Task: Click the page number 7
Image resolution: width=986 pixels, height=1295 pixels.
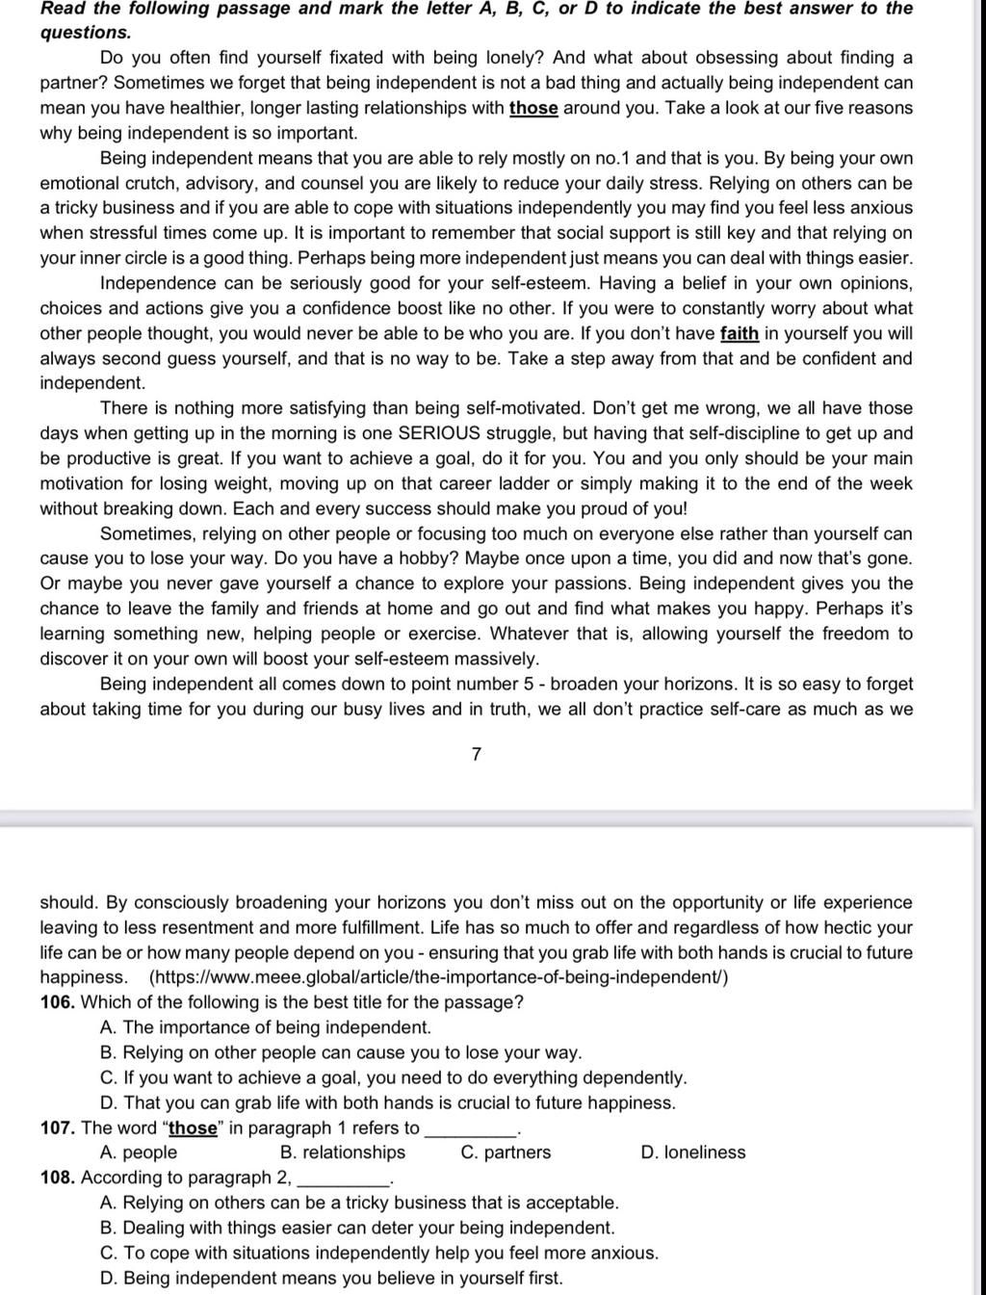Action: tap(477, 755)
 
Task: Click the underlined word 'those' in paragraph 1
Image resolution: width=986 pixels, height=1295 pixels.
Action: tap(533, 109)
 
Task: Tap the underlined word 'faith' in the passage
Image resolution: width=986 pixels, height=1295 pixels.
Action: tap(739, 334)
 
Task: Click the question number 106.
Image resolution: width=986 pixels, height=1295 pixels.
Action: tap(57, 1002)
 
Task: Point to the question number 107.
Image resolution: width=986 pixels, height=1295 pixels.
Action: tap(57, 1127)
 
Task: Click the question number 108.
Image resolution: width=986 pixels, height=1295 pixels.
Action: tap(57, 1178)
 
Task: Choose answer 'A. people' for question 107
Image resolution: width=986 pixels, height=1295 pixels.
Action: tap(139, 1153)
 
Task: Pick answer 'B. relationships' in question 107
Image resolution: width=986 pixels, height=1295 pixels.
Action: tap(343, 1153)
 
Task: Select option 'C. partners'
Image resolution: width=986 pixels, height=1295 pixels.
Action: tap(506, 1153)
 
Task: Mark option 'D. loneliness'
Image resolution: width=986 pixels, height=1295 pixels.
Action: tap(692, 1153)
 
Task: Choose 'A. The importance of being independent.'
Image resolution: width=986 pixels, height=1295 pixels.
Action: tap(266, 1027)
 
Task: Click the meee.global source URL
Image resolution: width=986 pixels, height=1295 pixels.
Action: tap(438, 977)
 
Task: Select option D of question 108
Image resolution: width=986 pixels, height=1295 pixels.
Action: tap(331, 1278)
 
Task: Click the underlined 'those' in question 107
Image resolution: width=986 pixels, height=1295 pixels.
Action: tap(194, 1127)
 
